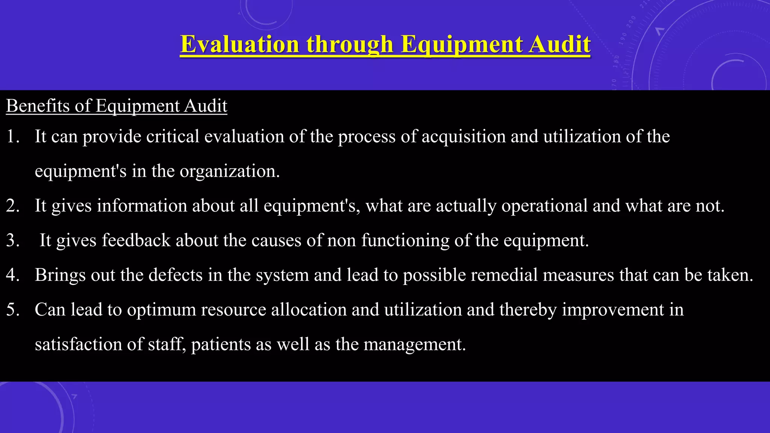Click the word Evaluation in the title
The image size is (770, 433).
[239, 44]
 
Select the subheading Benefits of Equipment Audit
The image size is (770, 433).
[117, 106]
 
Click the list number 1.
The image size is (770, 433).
[13, 136]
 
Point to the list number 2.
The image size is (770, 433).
[13, 206]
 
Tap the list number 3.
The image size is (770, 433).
[13, 240]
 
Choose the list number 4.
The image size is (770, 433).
[13, 275]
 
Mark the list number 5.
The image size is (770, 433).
[13, 309]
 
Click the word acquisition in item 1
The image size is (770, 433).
[463, 136]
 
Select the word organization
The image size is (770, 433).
[229, 171]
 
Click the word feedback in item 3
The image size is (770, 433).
[136, 240]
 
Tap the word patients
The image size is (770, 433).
[221, 344]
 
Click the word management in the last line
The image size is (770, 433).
[414, 344]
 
